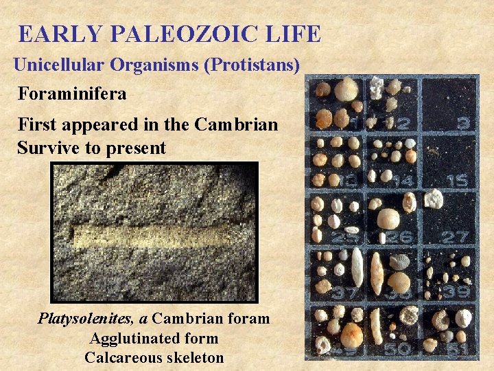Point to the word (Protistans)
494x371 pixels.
tap(253, 65)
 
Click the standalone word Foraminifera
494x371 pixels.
tap(72, 93)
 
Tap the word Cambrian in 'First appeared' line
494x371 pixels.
tap(237, 124)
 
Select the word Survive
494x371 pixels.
tap(47, 148)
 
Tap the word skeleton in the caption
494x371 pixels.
tap(193, 357)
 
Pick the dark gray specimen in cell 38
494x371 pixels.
tap(400, 261)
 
